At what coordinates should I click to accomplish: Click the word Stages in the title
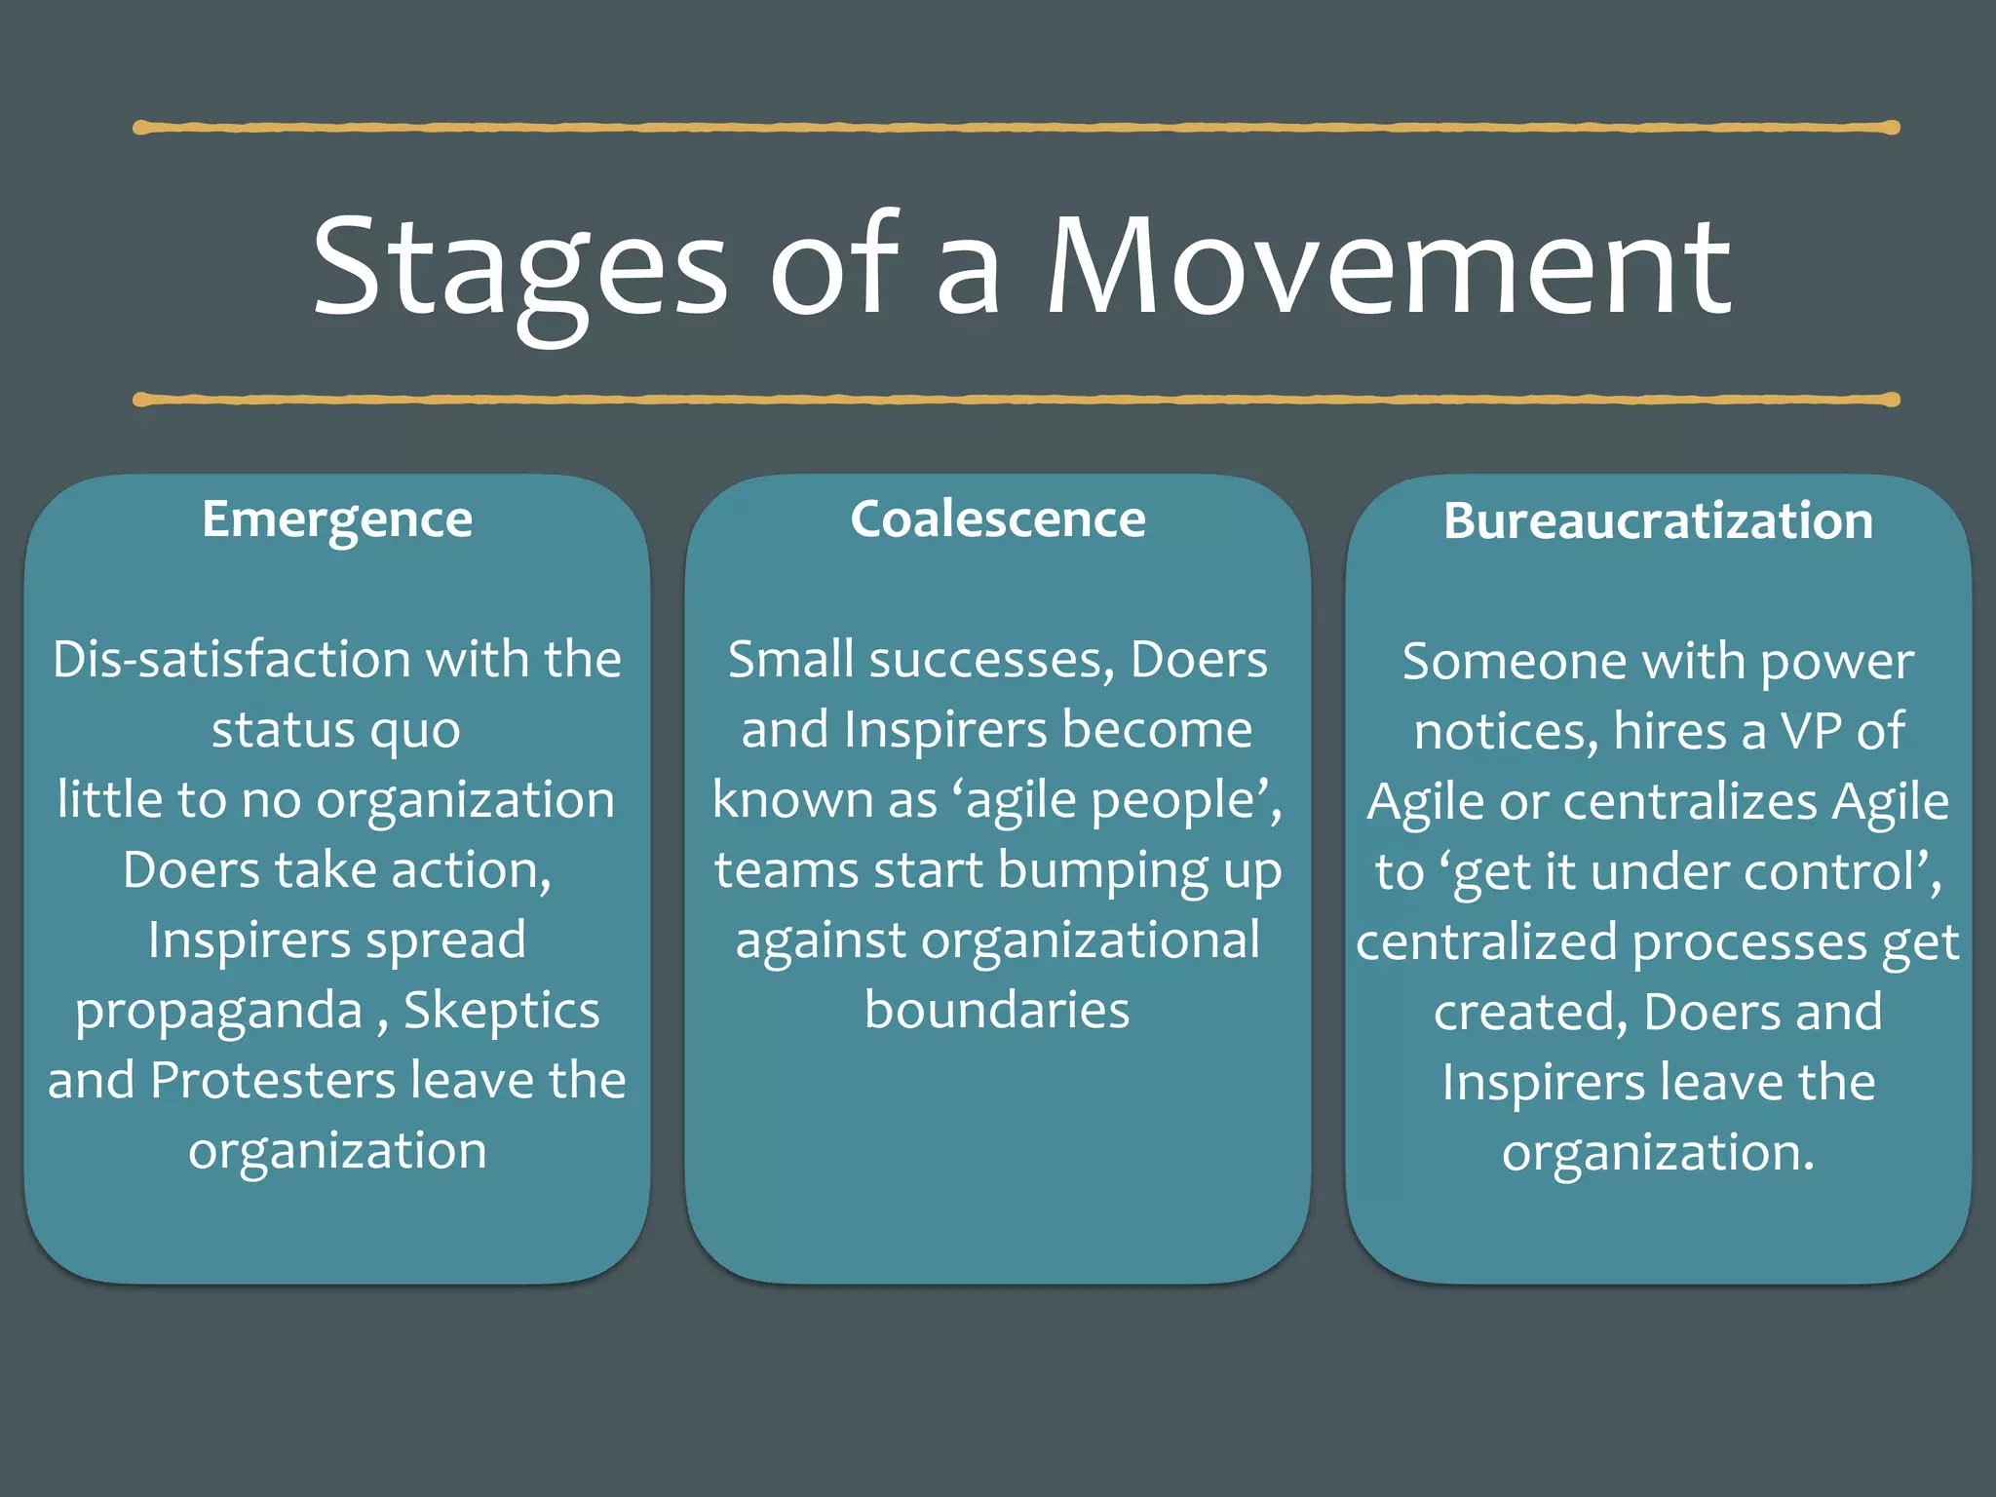pyautogui.click(x=518, y=268)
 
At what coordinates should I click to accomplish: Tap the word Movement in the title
pyautogui.click(x=1388, y=268)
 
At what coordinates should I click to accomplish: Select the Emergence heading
pyautogui.click(x=337, y=519)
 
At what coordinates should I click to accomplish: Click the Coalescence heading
pyautogui.click(x=998, y=519)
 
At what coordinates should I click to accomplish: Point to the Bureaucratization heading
pyautogui.click(x=1658, y=521)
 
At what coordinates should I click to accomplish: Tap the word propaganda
pyautogui.click(x=218, y=1012)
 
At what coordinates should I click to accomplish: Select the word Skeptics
pyautogui.click(x=501, y=1012)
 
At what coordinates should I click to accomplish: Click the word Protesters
pyautogui.click(x=273, y=1081)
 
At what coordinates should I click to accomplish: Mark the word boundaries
pyautogui.click(x=997, y=1011)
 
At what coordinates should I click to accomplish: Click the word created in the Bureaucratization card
pyautogui.click(x=1530, y=1013)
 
